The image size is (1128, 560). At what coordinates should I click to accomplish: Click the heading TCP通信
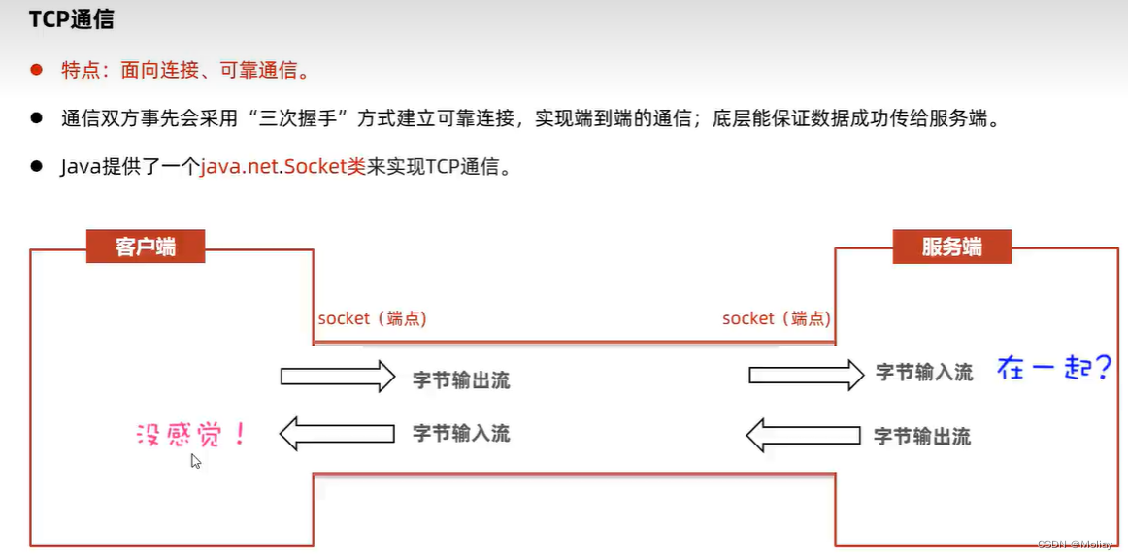point(72,18)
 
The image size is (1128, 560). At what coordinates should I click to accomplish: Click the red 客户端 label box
point(146,247)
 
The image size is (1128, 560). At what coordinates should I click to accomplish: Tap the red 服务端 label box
point(951,247)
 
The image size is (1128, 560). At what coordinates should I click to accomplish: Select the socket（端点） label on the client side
point(372,318)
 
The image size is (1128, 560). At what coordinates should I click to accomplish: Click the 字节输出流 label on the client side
point(461,380)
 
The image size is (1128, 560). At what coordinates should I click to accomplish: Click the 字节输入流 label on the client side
point(461,433)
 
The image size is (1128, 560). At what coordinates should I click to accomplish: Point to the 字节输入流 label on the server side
point(924,372)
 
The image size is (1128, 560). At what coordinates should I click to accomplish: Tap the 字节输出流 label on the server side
point(922,436)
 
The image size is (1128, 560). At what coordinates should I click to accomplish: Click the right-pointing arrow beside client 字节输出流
point(338,377)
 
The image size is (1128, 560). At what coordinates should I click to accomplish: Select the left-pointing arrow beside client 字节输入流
point(337,434)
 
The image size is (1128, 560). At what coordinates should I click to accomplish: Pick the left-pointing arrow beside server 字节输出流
point(803,435)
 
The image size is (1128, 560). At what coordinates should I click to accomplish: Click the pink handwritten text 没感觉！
point(191,433)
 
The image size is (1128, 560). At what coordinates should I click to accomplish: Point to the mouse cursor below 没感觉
point(196,461)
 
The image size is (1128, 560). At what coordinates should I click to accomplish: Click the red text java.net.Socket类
point(283,167)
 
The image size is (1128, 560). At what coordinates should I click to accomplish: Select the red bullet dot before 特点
point(37,70)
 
